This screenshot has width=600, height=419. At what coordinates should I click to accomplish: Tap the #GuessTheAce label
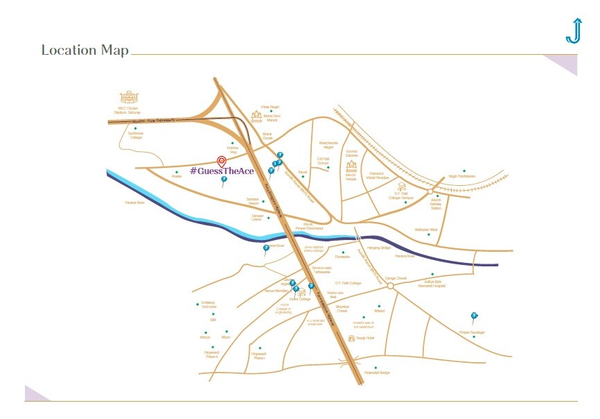coord(221,171)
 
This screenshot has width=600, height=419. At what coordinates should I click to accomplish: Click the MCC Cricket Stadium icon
coord(128,97)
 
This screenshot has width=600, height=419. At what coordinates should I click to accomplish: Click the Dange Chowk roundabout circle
coord(390,285)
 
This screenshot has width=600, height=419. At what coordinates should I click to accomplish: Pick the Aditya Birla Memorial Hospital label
coord(434,284)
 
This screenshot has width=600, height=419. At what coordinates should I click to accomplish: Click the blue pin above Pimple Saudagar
coord(474,316)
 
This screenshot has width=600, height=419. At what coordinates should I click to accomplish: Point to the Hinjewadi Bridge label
coord(377,373)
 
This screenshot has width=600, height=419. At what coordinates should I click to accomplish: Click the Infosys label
coord(204,337)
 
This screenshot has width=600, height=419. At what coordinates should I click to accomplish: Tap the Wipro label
coord(225,337)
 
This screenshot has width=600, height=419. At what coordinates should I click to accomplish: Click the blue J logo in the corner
coord(573,31)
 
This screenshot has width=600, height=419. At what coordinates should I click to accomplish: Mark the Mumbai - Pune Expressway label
coord(155,121)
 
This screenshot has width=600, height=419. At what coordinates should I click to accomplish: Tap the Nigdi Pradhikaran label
coord(462,176)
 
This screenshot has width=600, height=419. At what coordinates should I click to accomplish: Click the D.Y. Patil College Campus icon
coord(400,185)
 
